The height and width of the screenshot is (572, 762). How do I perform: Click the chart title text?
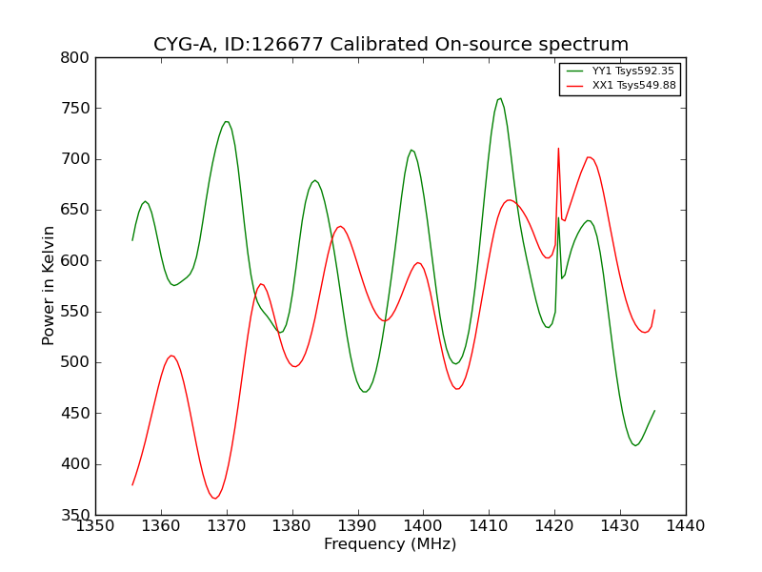tap(391, 45)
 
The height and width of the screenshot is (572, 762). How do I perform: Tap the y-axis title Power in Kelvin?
tap(49, 285)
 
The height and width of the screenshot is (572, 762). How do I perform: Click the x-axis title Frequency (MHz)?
tap(390, 544)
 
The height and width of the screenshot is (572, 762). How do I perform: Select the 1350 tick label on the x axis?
tap(95, 526)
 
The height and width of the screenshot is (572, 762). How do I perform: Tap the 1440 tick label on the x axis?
tap(685, 526)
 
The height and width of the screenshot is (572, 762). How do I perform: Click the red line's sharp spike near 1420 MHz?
tap(558, 149)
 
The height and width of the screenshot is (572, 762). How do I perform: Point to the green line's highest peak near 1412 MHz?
tap(500, 98)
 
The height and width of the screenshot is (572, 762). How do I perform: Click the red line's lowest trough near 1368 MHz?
tap(214, 498)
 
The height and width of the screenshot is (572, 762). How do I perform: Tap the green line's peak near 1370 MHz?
tap(227, 121)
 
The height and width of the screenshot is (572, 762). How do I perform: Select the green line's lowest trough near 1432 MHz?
tap(634, 445)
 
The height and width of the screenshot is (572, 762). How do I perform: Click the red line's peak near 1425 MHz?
tap(589, 157)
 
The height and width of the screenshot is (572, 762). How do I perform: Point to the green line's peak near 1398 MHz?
tap(411, 150)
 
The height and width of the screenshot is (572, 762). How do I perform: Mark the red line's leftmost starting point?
tap(132, 484)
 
